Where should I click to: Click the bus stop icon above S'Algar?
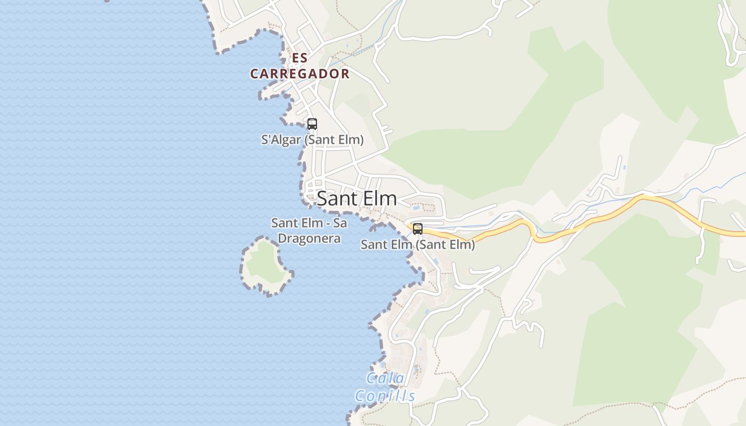coord(312,124)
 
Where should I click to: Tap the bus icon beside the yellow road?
coord(418,229)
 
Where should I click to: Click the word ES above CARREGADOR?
coord(300,58)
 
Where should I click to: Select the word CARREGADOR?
coord(300,74)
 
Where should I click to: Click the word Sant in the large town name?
coord(337,199)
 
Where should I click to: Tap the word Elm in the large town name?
coord(378,199)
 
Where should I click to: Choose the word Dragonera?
coord(310,239)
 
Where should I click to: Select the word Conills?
coord(385,396)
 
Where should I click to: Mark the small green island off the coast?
coord(265,265)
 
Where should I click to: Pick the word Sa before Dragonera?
coord(339,223)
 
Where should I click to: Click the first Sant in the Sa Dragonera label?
coord(283,223)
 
